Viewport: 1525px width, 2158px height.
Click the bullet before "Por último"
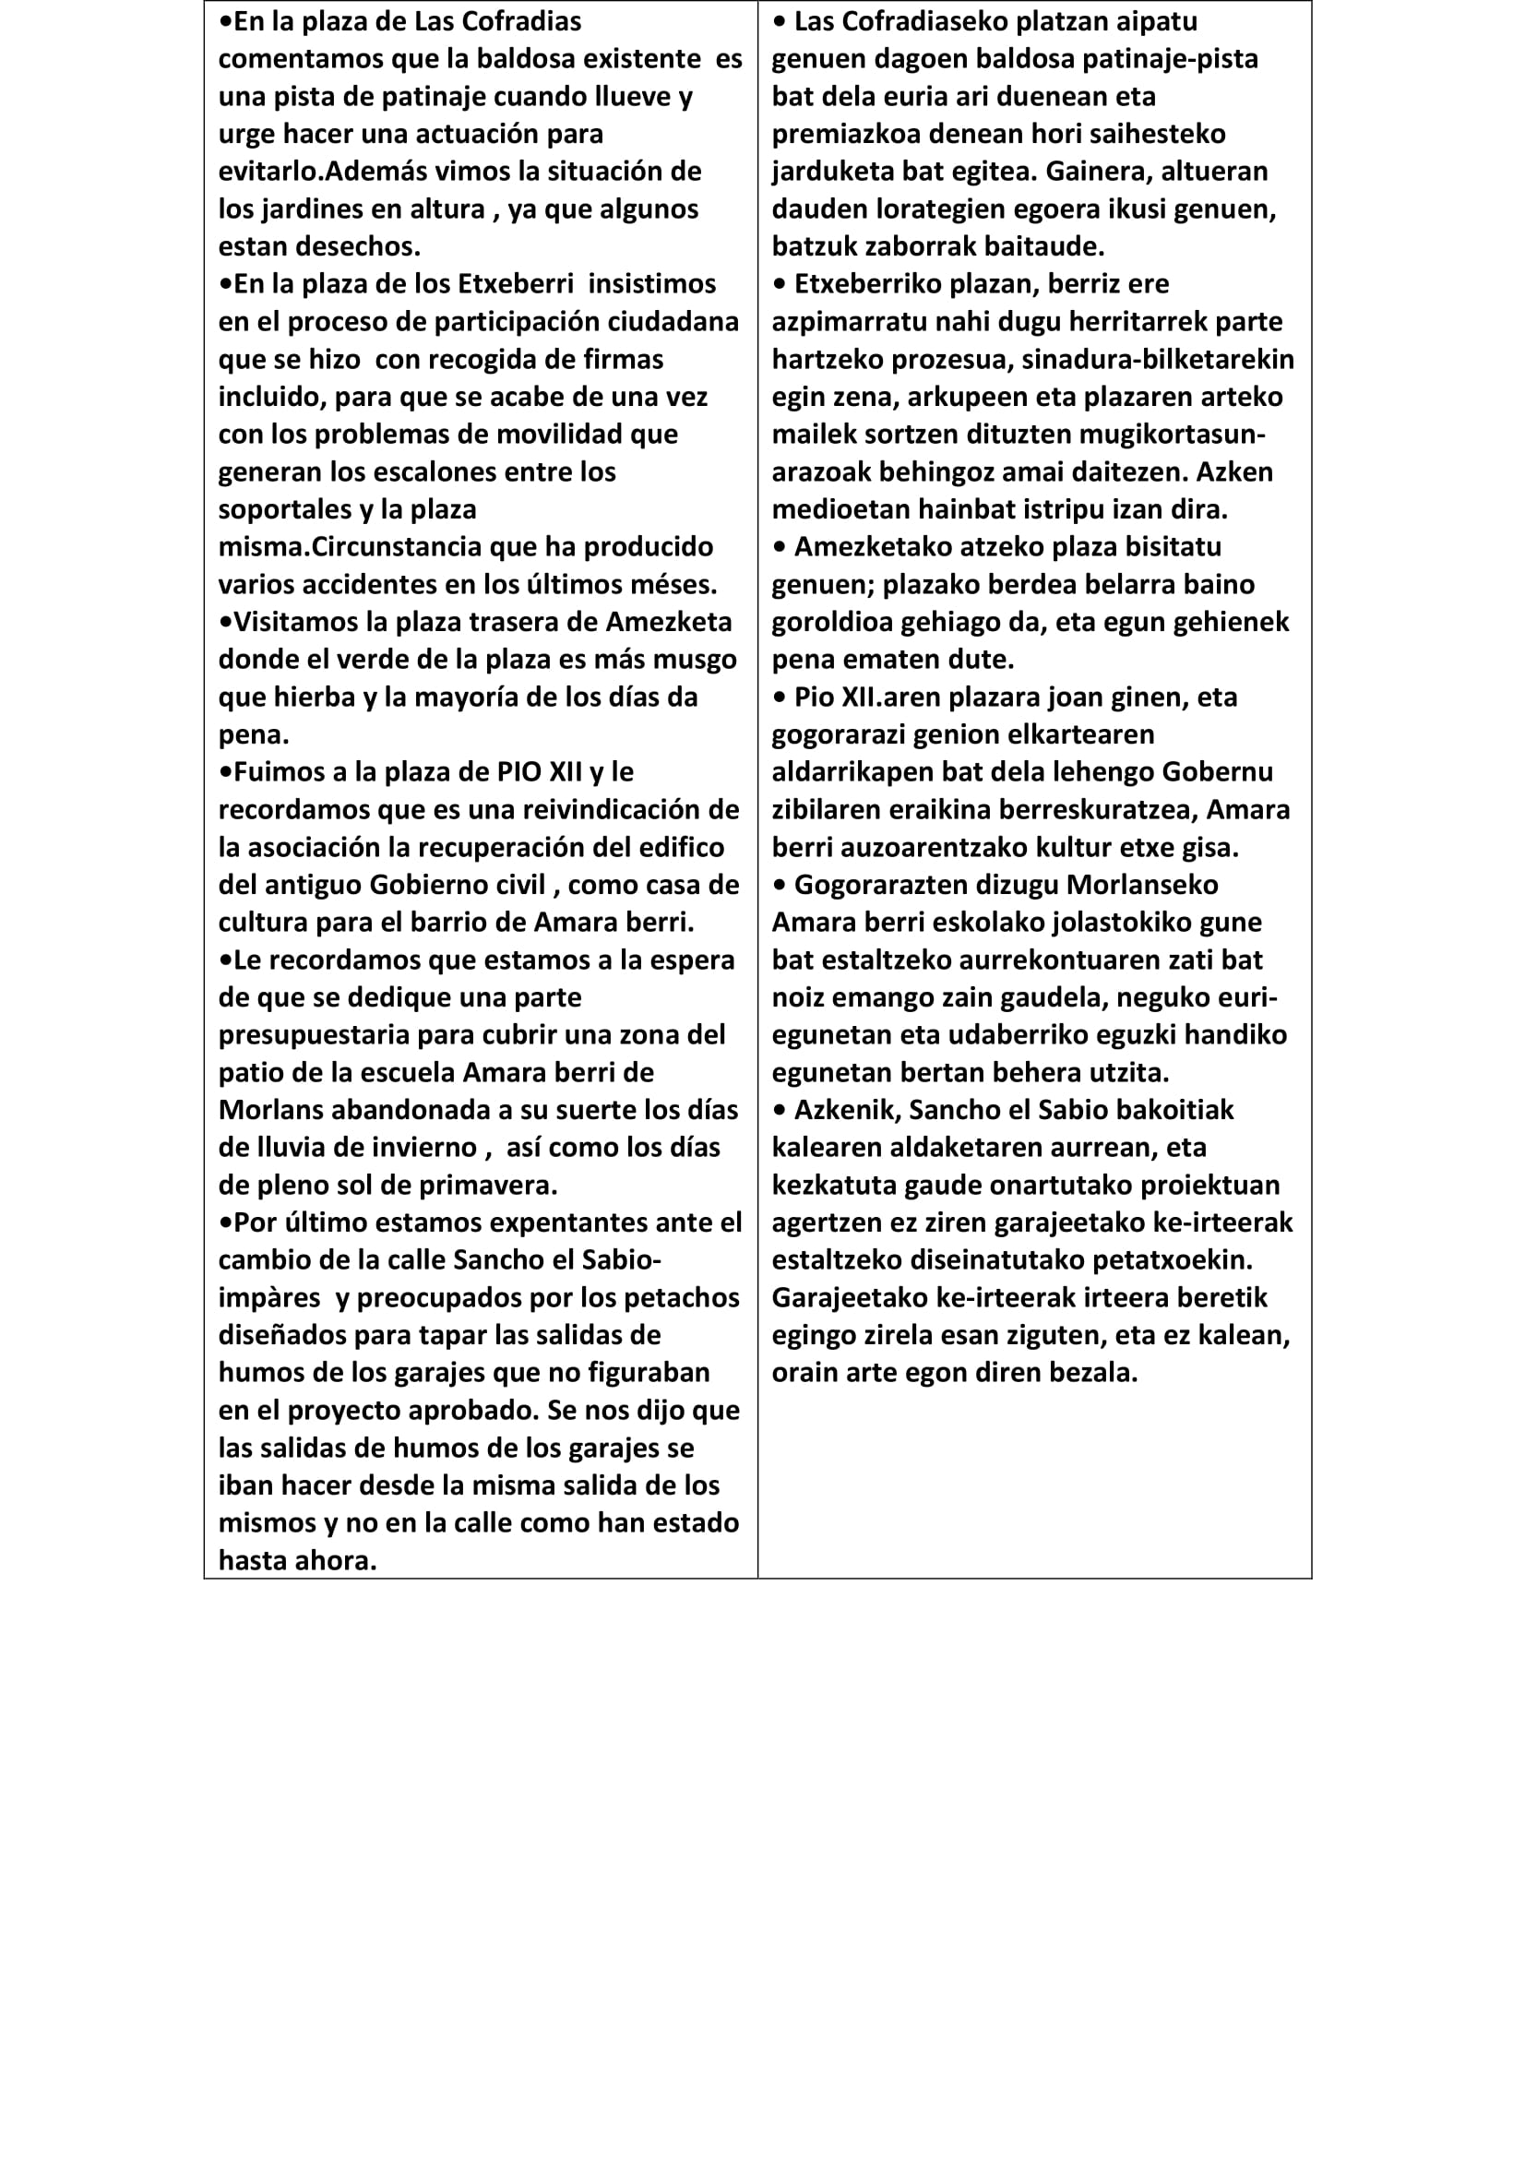225,1222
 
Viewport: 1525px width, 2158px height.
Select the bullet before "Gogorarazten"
779,886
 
